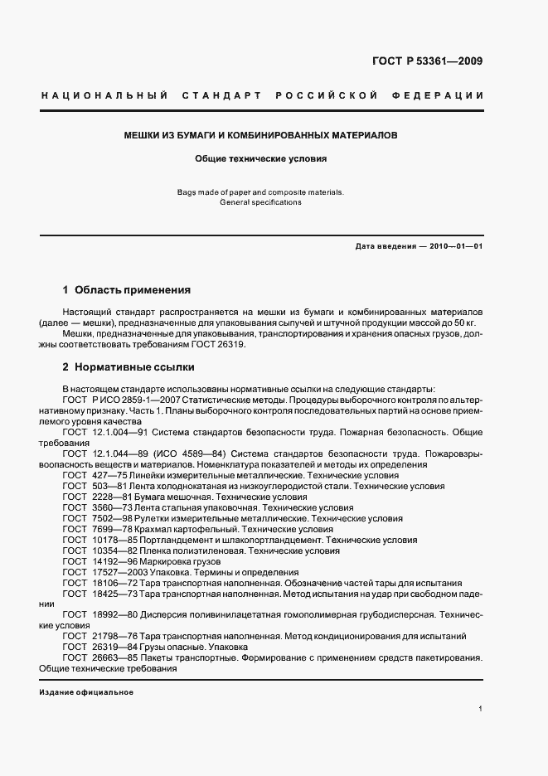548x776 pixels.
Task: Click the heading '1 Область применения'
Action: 127,290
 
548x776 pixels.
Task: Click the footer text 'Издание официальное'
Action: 86,692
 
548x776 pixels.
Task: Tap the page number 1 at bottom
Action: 481,709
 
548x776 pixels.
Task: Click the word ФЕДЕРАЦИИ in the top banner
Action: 444,95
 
